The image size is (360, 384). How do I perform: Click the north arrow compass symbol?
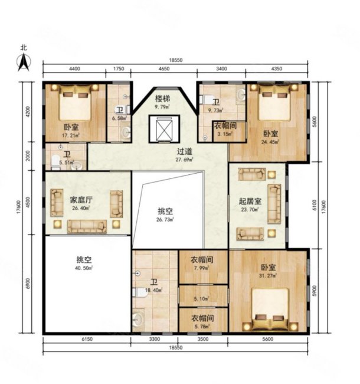coord(24,60)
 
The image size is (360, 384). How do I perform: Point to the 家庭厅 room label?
coord(81,200)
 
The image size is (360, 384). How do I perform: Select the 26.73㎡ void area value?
coord(166,219)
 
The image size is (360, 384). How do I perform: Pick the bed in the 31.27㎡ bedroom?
coord(270,311)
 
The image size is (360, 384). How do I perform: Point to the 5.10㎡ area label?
coord(202,298)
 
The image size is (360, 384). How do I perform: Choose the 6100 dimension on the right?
coord(316,205)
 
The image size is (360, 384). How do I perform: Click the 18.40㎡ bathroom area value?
coord(154,289)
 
